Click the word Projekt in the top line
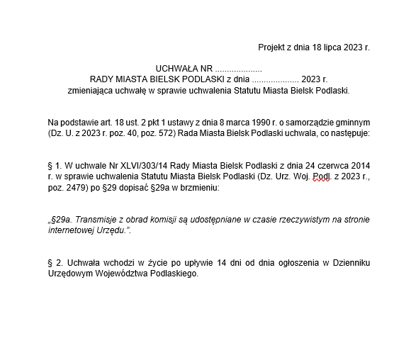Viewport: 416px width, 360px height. [271, 47]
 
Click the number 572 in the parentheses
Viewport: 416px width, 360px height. [162, 133]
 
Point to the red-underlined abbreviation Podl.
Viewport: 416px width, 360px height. [323, 175]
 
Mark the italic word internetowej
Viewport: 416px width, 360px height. [73, 230]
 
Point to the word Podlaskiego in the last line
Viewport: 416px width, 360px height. [172, 274]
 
